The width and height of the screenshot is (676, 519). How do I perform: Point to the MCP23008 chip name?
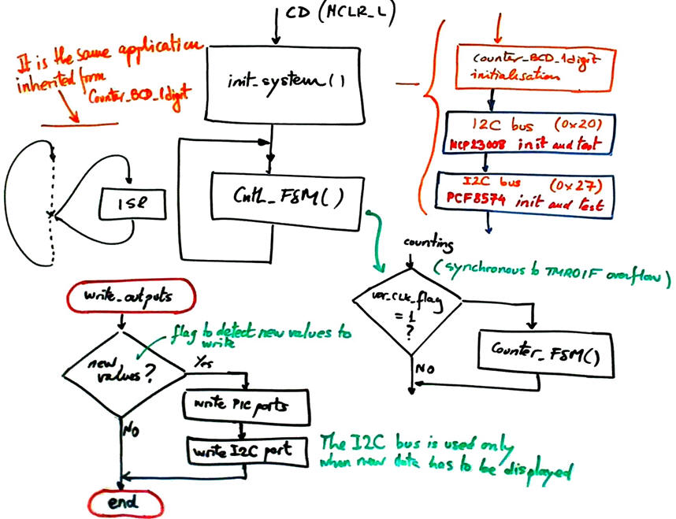480,146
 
